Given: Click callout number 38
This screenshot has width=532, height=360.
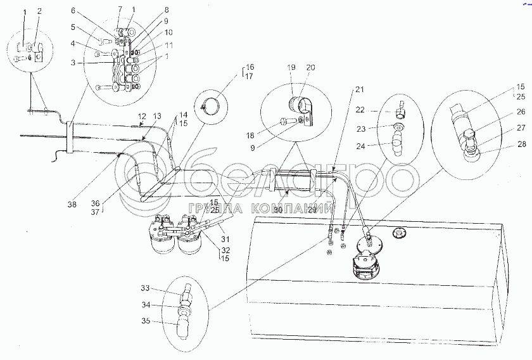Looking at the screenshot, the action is [72, 205].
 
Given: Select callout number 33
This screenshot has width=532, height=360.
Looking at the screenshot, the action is [145, 288].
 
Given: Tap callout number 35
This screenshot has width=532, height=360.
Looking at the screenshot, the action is [146, 321].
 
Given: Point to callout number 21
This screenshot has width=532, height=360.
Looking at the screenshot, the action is [360, 89].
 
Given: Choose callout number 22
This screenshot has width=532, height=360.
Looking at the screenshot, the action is [360, 110].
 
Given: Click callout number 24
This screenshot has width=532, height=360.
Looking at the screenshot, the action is [361, 146].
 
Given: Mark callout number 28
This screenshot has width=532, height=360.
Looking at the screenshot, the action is [522, 144].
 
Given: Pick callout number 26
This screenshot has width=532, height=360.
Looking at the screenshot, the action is [521, 112].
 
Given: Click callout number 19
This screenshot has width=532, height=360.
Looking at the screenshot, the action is [291, 67].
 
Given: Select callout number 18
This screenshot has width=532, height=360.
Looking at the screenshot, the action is [250, 136].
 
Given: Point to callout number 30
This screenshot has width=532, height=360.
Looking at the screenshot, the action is [278, 210].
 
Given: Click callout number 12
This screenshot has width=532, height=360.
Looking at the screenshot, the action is [142, 117].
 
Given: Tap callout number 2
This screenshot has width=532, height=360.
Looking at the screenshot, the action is [39, 11].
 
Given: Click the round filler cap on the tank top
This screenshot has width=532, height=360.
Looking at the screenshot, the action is [400, 234].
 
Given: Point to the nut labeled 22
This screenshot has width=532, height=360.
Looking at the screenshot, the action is [400, 113].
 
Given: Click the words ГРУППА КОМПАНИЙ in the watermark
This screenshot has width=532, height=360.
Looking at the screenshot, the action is [260, 208].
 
